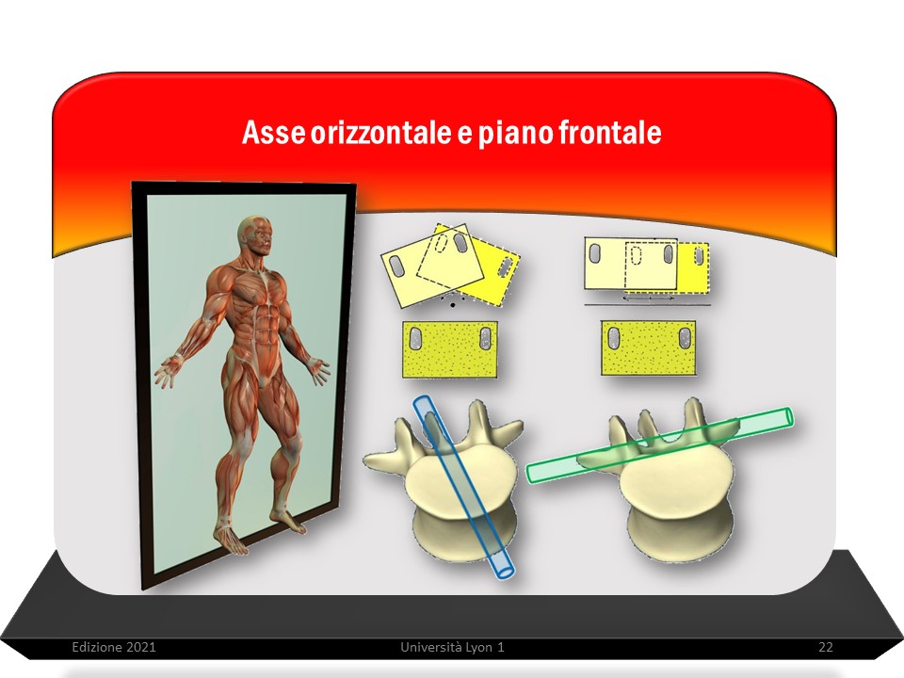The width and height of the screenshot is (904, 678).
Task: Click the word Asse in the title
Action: (273, 133)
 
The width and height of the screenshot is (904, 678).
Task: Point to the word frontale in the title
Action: (609, 132)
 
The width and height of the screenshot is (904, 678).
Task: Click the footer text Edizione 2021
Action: (114, 647)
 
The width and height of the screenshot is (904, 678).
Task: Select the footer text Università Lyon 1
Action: (452, 647)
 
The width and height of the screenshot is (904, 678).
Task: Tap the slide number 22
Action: (826, 647)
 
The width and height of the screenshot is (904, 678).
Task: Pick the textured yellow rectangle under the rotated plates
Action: (450, 349)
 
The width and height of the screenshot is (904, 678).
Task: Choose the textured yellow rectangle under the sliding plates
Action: (648, 347)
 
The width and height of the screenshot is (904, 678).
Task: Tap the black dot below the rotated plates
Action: (453, 304)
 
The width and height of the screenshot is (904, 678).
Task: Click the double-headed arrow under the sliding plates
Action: (649, 299)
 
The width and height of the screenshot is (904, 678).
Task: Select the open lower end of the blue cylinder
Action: (504, 569)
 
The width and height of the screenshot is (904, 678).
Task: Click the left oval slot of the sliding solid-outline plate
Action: (594, 253)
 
